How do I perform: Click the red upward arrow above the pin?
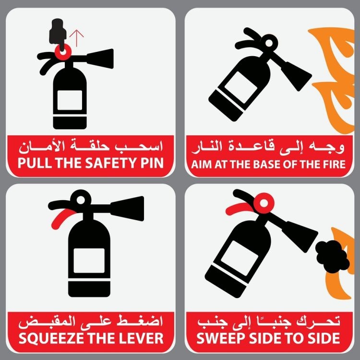click(76, 38)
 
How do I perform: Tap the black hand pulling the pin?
click(58, 32)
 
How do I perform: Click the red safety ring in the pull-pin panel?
click(63, 52)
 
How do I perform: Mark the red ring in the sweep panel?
click(264, 203)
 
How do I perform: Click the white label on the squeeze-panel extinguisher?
click(89, 260)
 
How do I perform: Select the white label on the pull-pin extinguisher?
click(70, 100)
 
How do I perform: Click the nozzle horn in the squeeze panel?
click(127, 208)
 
